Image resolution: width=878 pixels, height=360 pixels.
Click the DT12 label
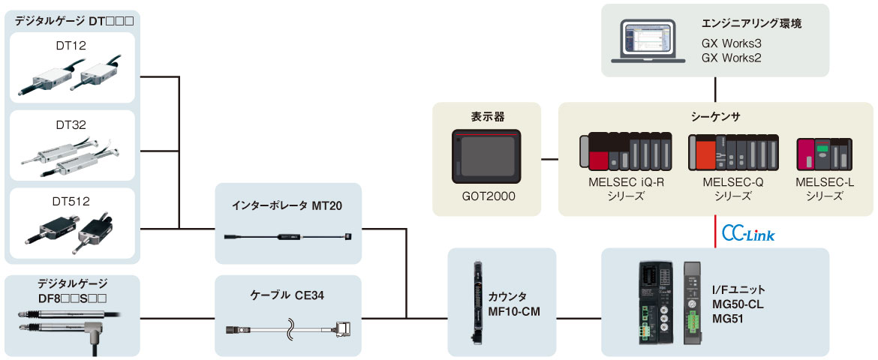coord(72,46)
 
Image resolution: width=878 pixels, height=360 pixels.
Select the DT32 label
coord(72,125)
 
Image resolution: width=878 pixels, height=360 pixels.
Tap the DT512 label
coord(72,202)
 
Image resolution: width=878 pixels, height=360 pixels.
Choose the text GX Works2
coord(732,57)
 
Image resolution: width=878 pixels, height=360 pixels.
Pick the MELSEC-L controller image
coord(824,152)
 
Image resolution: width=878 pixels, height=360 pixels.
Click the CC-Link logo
coord(747,235)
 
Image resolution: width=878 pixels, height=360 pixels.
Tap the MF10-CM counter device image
coord(477,301)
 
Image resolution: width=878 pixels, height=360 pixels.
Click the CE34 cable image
coord(288,329)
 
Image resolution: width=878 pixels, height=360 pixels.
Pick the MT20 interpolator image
coord(288,237)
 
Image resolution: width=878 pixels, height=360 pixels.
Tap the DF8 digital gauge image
coord(71,323)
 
